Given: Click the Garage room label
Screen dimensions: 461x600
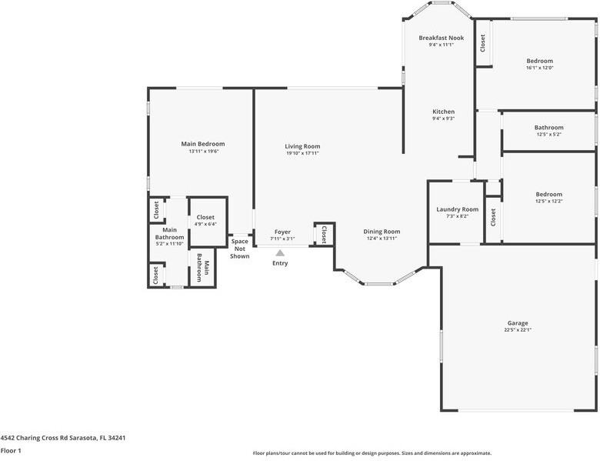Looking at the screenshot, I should click(x=517, y=323).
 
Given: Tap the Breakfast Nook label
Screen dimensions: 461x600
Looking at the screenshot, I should click(x=441, y=38).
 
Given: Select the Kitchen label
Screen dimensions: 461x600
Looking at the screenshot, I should click(x=443, y=112).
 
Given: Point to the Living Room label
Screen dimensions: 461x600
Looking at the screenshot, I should click(x=302, y=146).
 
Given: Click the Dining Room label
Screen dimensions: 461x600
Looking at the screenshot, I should click(x=382, y=232).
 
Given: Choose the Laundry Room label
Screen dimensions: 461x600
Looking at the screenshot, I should click(x=457, y=209).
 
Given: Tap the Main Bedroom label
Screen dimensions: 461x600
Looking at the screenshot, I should click(x=203, y=144).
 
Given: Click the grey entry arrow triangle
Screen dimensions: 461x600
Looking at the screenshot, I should click(x=281, y=252).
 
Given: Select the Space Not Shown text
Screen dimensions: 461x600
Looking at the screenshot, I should click(x=240, y=249).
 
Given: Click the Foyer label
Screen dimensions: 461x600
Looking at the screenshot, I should click(x=282, y=232).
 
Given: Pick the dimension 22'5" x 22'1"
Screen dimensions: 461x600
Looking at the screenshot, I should click(x=517, y=330).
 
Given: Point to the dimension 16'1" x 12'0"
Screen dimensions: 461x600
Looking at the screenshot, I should click(x=539, y=68).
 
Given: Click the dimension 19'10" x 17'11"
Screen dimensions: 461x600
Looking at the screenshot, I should click(x=302, y=153).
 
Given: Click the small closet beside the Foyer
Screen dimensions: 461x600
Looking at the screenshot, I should click(x=324, y=234).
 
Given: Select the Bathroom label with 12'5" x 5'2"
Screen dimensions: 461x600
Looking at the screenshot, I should click(x=548, y=128).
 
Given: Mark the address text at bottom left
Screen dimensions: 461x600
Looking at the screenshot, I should click(x=63, y=437).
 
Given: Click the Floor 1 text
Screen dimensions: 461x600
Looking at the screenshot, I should click(x=11, y=450).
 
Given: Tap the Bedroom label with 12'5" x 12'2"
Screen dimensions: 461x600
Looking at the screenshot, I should click(x=548, y=195).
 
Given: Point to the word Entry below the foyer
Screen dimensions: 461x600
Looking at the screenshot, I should click(x=280, y=263).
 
